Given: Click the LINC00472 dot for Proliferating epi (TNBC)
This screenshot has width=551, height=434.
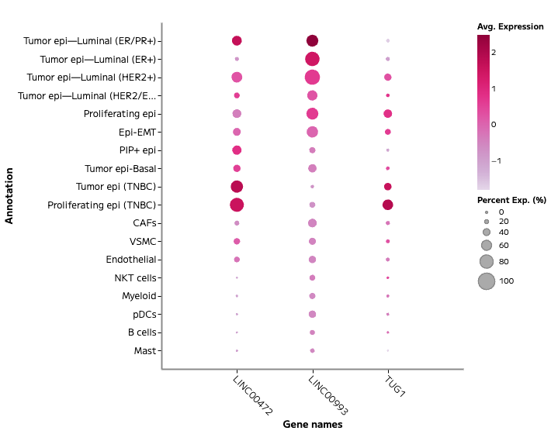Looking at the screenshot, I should (237, 205).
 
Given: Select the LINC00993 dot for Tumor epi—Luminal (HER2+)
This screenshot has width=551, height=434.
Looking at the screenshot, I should (312, 77).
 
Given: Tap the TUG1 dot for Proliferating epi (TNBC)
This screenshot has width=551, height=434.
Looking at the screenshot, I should (388, 205).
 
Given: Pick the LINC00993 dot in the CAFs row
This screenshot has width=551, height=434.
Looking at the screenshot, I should (312, 223).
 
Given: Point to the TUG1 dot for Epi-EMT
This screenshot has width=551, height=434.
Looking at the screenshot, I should (388, 132).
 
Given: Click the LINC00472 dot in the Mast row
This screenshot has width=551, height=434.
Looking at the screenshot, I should (237, 350).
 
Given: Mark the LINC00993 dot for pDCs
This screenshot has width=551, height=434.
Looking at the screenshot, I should (312, 314).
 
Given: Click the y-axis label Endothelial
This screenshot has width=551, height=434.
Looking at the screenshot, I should (131, 259).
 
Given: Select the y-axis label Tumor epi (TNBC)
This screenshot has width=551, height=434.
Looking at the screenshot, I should (116, 187).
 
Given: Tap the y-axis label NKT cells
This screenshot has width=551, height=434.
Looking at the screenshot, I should (135, 277).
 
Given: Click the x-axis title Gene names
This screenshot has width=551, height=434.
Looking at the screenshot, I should (312, 424).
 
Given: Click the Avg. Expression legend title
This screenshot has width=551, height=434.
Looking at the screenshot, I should (510, 27).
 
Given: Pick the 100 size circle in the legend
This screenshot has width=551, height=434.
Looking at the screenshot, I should (486, 281).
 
